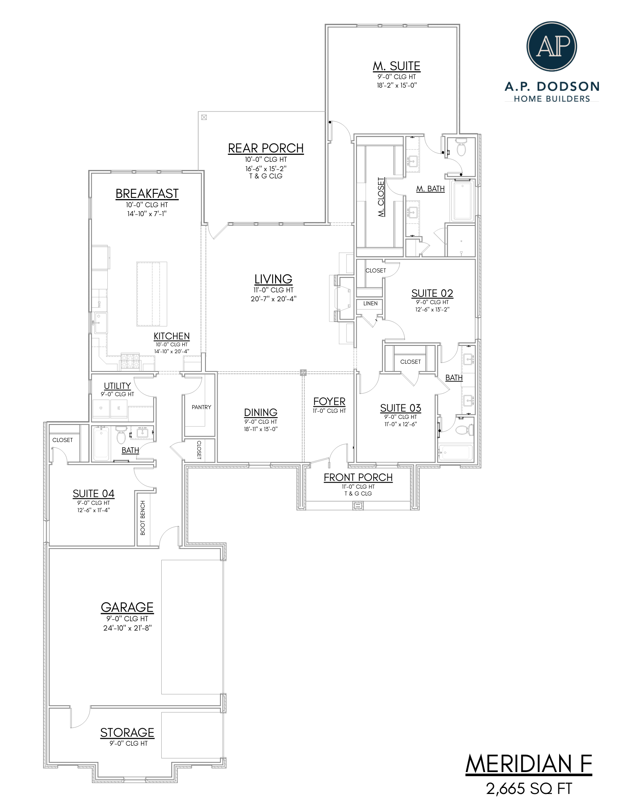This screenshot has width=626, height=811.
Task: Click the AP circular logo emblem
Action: (551, 47)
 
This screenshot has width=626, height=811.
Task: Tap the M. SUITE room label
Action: (396, 66)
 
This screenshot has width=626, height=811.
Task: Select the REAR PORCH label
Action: (265, 148)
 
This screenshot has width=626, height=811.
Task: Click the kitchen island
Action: (152, 294)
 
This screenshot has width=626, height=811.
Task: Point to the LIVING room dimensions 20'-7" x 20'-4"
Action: (273, 299)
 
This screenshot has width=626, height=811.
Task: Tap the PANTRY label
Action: (201, 407)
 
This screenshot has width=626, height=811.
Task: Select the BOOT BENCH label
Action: (143, 518)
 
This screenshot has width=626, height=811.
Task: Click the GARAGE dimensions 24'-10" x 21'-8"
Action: (127, 628)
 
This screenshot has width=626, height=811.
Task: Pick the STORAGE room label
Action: (127, 733)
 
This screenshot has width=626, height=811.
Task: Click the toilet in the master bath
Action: (461, 148)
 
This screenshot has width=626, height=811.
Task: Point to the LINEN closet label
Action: (370, 303)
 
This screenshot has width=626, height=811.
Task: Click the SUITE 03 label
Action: (400, 408)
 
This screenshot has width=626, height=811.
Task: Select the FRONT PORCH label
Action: (358, 478)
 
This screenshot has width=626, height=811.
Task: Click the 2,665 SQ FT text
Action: (529, 789)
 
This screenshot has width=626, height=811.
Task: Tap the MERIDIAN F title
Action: (529, 764)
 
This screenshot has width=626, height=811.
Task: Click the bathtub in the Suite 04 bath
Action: (101, 444)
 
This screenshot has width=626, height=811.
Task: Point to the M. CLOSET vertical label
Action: (381, 197)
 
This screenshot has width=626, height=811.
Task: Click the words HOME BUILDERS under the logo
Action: (551, 99)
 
